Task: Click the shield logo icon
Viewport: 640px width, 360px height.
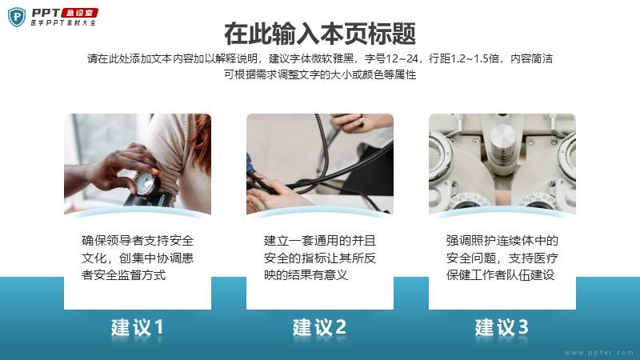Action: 17,17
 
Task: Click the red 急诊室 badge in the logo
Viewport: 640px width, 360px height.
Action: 80,13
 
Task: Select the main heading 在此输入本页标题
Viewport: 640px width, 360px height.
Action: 320,34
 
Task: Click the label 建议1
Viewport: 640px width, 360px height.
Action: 138,327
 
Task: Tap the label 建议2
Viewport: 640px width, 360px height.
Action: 319,327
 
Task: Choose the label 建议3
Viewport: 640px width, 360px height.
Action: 502,327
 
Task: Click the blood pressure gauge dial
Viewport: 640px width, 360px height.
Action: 145,184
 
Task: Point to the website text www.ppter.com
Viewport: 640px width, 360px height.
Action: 598,353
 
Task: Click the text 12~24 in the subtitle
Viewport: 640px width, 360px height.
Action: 402,58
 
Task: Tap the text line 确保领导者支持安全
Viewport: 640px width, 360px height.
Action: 138,241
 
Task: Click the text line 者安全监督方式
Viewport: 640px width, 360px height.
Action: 124,274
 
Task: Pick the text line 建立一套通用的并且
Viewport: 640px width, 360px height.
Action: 319,241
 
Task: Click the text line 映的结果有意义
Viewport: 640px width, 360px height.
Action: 306,274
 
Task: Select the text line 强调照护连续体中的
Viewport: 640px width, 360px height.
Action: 502,241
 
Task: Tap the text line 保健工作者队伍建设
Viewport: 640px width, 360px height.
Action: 501,274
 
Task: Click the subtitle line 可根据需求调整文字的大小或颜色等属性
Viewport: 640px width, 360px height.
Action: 320,74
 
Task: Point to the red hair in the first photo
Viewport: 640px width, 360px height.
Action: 202,138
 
